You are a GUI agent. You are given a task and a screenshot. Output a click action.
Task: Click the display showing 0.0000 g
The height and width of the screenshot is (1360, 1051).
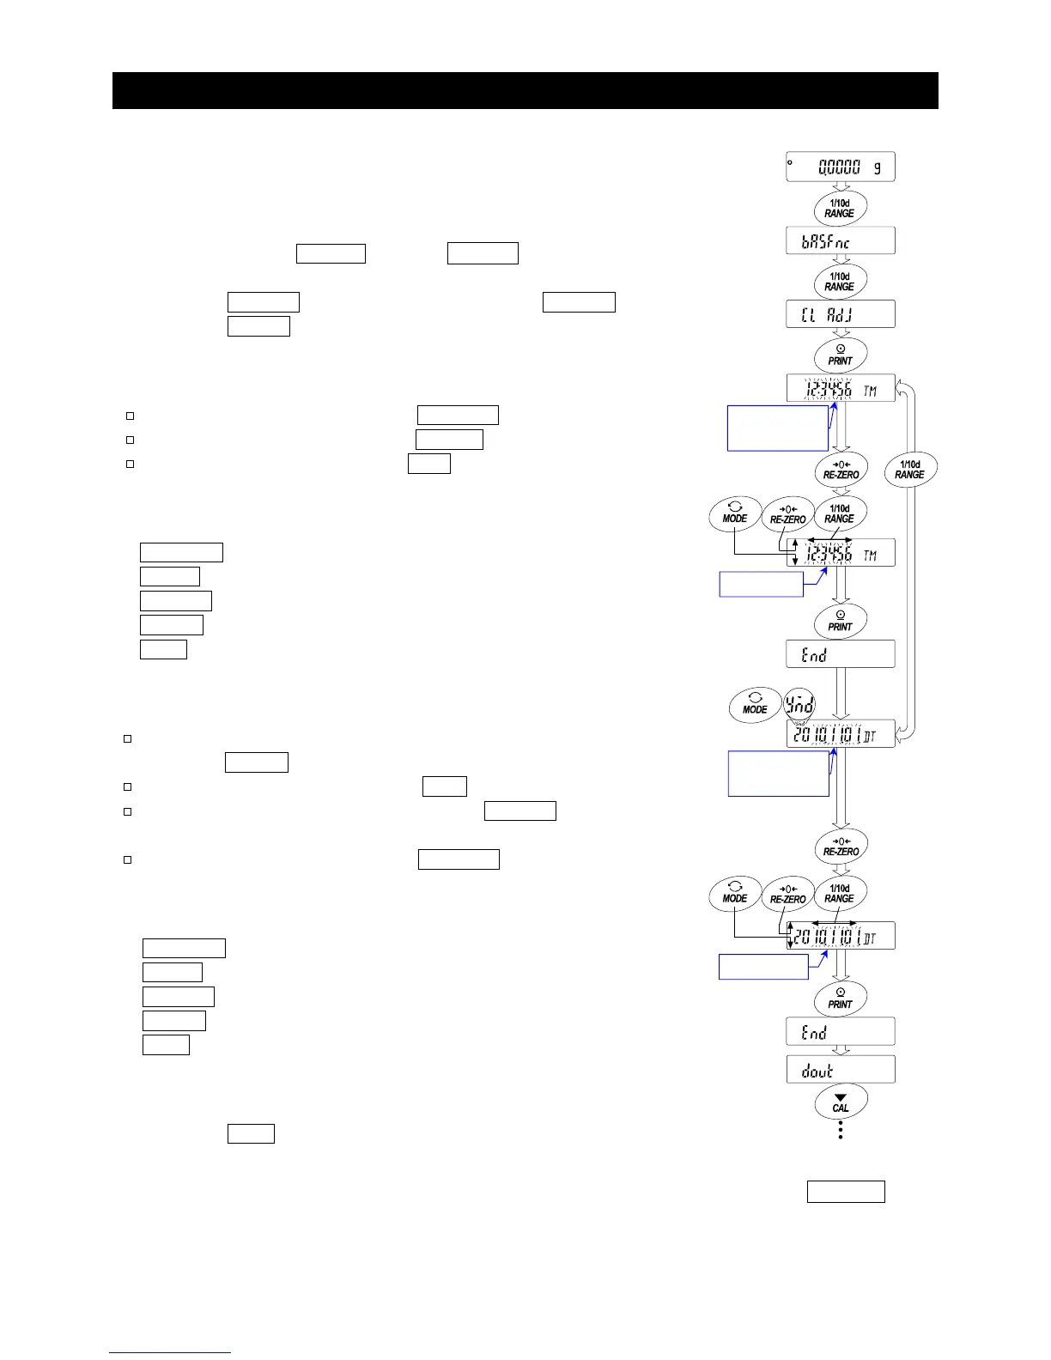click(x=840, y=167)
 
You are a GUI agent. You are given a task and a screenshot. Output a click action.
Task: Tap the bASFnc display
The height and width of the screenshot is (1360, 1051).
click(x=840, y=241)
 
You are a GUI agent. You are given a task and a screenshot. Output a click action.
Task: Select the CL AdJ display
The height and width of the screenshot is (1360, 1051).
click(x=840, y=314)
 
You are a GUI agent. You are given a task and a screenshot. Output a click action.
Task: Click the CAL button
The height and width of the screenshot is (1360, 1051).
click(x=840, y=1102)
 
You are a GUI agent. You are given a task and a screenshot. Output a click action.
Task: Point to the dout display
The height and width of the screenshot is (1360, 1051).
click(x=840, y=1070)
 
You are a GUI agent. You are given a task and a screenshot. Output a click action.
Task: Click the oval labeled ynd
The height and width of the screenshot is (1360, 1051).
click(x=799, y=705)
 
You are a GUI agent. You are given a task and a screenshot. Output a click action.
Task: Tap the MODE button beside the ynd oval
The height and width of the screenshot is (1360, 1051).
click(x=755, y=705)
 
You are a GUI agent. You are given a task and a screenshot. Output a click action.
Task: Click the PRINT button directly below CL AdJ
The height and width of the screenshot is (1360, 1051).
click(x=840, y=355)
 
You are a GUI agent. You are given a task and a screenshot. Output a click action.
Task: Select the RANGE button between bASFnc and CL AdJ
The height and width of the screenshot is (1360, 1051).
click(x=840, y=282)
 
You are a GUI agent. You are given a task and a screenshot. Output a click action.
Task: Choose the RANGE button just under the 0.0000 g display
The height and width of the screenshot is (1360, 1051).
click(x=840, y=209)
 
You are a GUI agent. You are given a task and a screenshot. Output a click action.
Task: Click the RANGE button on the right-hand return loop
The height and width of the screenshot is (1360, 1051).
click(x=909, y=470)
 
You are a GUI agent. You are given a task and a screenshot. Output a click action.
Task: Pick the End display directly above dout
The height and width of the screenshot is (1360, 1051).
click(x=840, y=1032)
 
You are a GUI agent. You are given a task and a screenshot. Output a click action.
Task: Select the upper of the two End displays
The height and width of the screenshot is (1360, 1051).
click(x=840, y=654)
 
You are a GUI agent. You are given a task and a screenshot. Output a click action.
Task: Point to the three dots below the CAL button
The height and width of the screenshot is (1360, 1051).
click(x=840, y=1130)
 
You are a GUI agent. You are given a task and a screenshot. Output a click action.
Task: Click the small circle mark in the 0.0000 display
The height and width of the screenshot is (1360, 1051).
click(x=791, y=161)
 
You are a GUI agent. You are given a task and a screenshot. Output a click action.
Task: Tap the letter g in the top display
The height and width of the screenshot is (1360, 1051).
click(x=877, y=167)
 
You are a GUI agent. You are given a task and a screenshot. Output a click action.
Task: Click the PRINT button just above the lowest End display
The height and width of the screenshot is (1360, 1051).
click(x=840, y=999)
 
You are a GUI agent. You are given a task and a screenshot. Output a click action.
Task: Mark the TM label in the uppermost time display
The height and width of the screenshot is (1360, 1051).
click(x=870, y=391)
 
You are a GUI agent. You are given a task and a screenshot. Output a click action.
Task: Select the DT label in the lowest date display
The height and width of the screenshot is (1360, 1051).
click(x=870, y=937)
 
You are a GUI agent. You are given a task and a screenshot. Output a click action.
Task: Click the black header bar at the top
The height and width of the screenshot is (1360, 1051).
click(x=525, y=90)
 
